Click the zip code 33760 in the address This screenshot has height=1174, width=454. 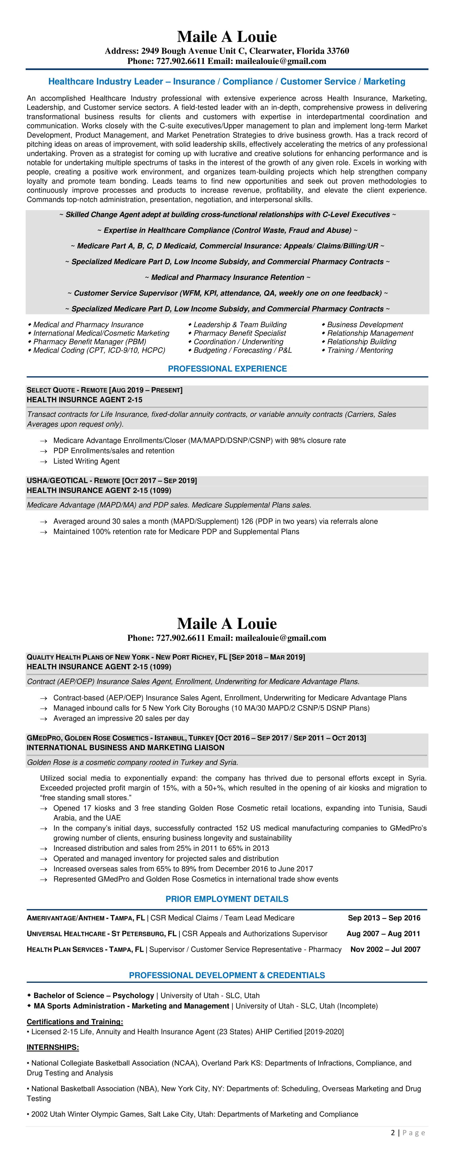(x=338, y=51)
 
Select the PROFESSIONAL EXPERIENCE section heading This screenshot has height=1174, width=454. (x=227, y=369)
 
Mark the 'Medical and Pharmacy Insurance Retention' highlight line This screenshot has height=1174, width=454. (x=227, y=277)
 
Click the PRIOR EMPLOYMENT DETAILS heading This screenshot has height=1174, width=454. (x=227, y=899)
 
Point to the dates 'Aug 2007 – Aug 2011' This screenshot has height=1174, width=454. (x=383, y=933)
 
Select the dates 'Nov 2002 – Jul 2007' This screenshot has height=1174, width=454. (x=385, y=949)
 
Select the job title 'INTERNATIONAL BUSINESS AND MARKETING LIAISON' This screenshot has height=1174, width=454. (x=126, y=747)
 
